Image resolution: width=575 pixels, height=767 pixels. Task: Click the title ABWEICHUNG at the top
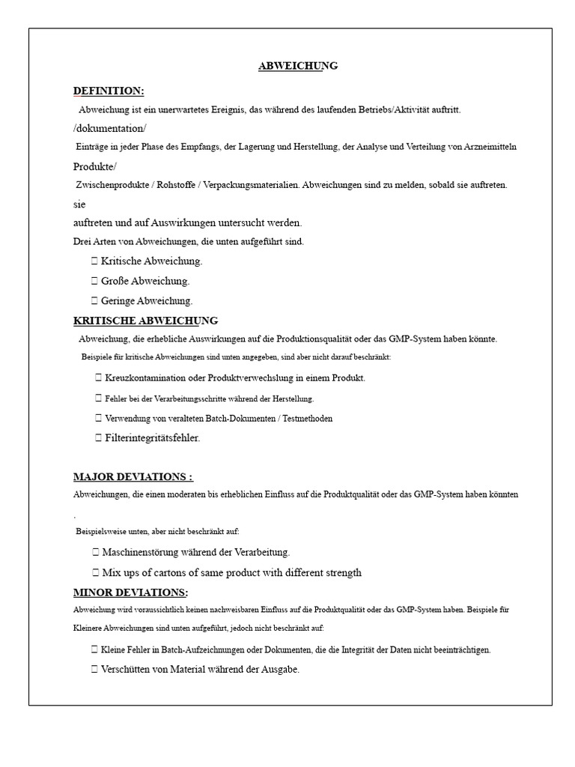[298, 66]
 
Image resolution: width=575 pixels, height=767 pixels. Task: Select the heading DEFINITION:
[109, 91]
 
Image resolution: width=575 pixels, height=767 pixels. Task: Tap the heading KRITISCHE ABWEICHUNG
[145, 321]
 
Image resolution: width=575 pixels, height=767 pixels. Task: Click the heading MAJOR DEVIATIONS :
[133, 476]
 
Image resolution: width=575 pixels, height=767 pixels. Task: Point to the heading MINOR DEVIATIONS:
[130, 592]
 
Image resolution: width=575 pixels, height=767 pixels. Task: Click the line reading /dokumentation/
[110, 128]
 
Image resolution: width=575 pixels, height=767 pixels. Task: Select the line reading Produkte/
[95, 166]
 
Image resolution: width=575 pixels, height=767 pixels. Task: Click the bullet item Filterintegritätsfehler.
[153, 437]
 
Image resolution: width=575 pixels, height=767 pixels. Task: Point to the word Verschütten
[125, 670]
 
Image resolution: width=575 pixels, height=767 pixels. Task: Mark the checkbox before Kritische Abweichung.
[94, 261]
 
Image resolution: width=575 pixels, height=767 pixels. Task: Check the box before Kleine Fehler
[94, 650]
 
